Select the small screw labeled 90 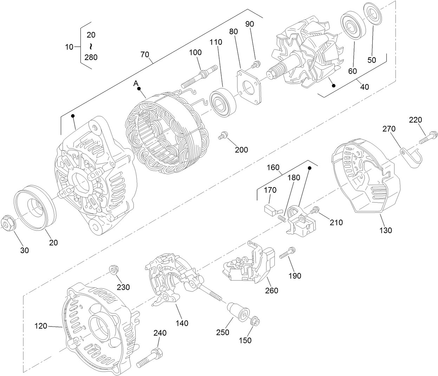point(256,65)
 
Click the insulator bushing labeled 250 point(238,311)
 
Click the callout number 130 point(385,231)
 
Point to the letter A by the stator point(136,83)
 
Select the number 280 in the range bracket point(91,57)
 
